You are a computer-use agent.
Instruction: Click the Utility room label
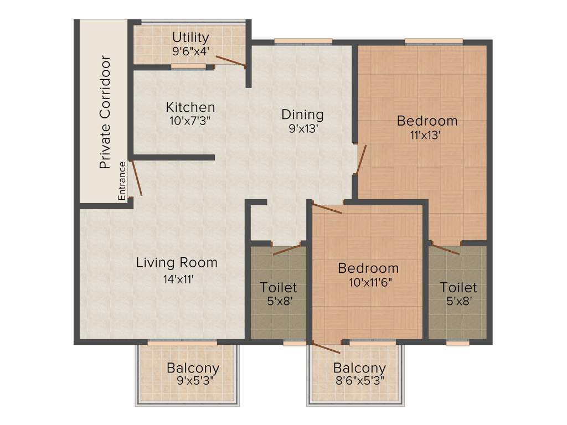(190, 38)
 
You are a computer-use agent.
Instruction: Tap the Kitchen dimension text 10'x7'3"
(190, 120)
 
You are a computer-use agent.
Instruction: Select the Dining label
(302, 115)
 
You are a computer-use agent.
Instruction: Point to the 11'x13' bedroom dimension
(427, 134)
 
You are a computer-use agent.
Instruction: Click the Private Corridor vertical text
(105, 112)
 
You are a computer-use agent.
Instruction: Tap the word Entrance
(122, 181)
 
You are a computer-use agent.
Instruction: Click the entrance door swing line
(136, 178)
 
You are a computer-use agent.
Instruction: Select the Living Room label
(177, 262)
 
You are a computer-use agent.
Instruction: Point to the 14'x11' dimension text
(177, 279)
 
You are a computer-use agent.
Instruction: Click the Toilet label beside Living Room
(279, 288)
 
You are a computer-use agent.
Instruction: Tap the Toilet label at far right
(458, 288)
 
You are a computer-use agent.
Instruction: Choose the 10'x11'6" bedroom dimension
(368, 283)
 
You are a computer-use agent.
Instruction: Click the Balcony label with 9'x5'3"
(193, 367)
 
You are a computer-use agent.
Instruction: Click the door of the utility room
(231, 61)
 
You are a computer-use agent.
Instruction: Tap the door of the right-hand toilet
(446, 249)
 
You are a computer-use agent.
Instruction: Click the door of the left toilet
(287, 248)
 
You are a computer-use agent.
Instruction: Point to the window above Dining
(303, 41)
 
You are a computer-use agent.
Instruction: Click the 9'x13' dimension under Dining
(302, 129)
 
